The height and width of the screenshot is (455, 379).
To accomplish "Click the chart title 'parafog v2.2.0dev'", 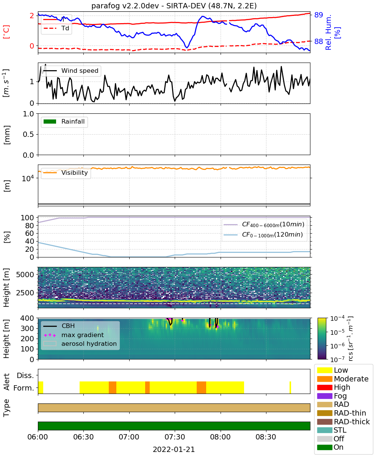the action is pos(125,6).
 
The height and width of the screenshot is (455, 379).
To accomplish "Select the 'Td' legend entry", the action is pos(56,28).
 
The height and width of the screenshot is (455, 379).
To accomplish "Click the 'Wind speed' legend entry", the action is pos(71,71).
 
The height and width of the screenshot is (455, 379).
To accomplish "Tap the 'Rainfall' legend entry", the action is pos(64,121).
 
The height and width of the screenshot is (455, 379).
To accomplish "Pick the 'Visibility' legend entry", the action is pos(65,173).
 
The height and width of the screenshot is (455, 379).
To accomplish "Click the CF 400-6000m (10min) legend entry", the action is pos(264,224).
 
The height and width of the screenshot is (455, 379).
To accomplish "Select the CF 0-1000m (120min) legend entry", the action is pos(263,235).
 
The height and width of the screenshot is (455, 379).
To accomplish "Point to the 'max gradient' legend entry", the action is pos(74,335).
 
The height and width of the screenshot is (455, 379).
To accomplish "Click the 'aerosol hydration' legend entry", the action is pos(80,344).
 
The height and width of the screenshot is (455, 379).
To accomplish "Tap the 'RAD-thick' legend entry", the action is pos(343,422).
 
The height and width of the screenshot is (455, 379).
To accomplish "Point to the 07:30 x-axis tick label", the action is pos(175,437).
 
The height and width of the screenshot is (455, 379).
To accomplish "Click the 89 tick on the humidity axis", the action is pos(318,15).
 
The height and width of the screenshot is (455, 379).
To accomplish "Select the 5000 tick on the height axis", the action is pos(25,275).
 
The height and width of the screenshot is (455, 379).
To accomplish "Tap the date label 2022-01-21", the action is pos(174,450).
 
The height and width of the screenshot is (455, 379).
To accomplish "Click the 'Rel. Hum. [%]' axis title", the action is pos(332,32).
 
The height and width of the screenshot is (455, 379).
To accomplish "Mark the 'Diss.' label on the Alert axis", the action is pos(25,375).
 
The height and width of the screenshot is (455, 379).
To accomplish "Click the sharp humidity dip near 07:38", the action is pos(187,47).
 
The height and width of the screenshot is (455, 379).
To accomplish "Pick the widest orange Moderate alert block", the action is pos(201,388).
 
